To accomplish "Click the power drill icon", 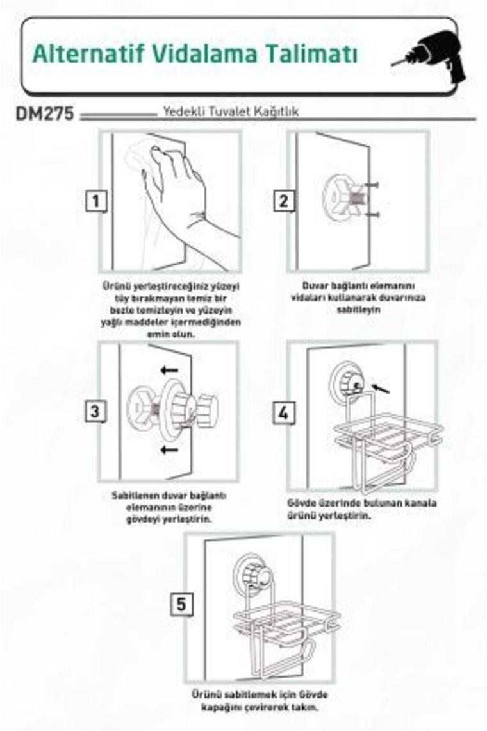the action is click(x=431, y=56).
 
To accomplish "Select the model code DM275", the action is click(x=45, y=114).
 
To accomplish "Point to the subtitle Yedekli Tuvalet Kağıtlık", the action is click(x=231, y=112).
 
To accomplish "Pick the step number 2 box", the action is click(x=284, y=201).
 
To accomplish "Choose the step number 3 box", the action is click(x=95, y=412).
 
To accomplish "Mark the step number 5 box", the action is click(x=181, y=605).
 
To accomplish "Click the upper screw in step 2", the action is click(x=372, y=185).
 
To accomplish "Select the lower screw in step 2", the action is click(x=372, y=214).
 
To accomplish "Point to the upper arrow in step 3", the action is click(x=169, y=371).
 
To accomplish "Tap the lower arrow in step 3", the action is click(x=169, y=450).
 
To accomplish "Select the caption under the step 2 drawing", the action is click(x=358, y=298).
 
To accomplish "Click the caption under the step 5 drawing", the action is click(x=260, y=701).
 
